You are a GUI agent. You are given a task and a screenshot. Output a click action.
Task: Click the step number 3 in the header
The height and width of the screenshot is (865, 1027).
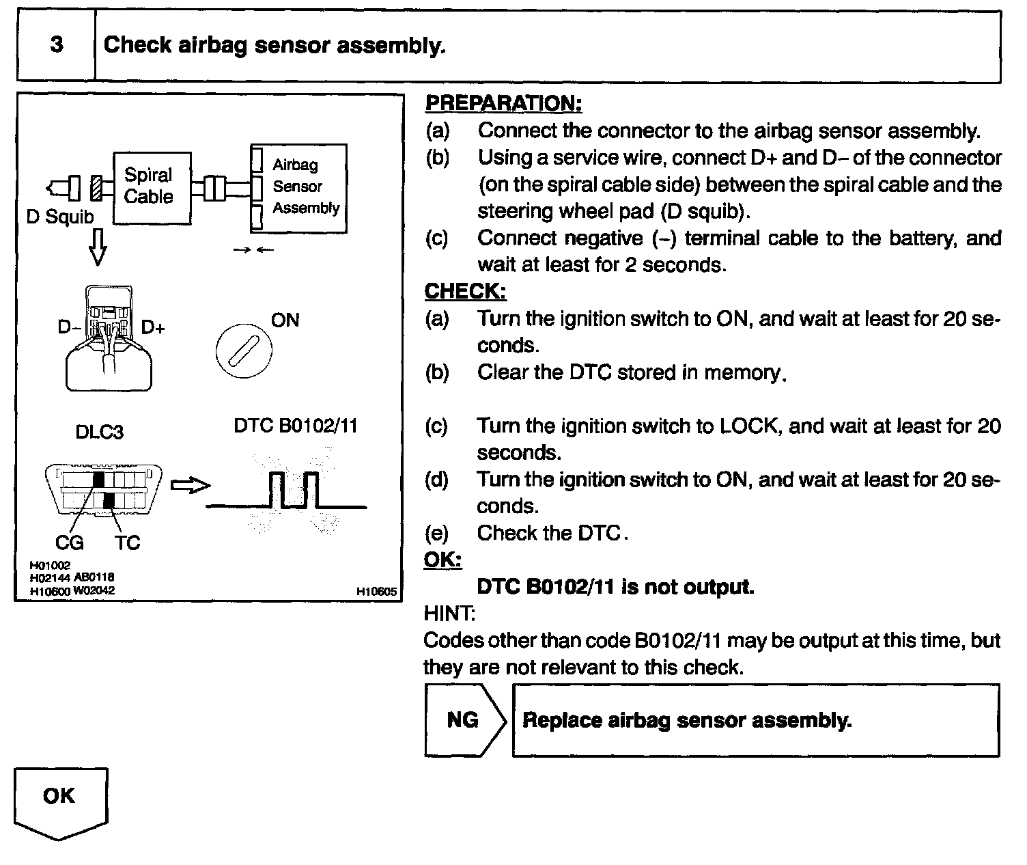point(57,45)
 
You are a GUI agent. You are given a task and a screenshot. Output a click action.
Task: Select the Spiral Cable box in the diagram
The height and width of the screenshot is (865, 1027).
point(151,187)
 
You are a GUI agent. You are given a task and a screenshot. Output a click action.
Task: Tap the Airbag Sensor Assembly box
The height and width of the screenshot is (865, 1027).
point(298,187)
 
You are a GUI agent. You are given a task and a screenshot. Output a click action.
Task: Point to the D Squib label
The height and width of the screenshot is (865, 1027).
point(60,217)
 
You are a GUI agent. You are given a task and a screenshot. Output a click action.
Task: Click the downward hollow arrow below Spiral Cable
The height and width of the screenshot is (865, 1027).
point(98,247)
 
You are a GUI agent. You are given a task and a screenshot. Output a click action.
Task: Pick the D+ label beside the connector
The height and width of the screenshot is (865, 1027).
point(154,328)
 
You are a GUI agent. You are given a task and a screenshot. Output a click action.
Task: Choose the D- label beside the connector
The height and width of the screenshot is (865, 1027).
point(69,328)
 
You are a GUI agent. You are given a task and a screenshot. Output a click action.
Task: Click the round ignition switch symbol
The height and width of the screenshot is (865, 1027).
point(244,350)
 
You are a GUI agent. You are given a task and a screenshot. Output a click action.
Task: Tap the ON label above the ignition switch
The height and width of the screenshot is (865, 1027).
point(285,320)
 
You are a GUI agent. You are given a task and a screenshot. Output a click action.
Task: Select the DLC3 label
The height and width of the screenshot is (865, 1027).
point(100,432)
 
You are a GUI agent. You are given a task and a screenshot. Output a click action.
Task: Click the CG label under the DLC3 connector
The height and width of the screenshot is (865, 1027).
point(70,543)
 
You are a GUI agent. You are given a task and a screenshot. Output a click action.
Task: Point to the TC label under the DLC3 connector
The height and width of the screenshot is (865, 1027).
point(127,543)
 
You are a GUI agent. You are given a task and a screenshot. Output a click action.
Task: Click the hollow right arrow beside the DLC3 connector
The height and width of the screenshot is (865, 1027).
point(190,486)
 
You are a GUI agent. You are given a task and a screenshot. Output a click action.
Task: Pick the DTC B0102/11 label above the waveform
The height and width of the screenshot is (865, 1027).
point(296,426)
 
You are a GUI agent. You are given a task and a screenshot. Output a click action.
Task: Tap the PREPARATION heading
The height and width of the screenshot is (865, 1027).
point(503,103)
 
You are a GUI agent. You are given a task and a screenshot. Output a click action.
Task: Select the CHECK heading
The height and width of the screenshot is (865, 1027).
point(466,291)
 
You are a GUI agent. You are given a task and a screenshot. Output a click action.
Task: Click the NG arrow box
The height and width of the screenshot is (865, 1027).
point(464,720)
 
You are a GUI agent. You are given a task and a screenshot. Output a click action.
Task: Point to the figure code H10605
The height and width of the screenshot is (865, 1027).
point(376,592)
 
